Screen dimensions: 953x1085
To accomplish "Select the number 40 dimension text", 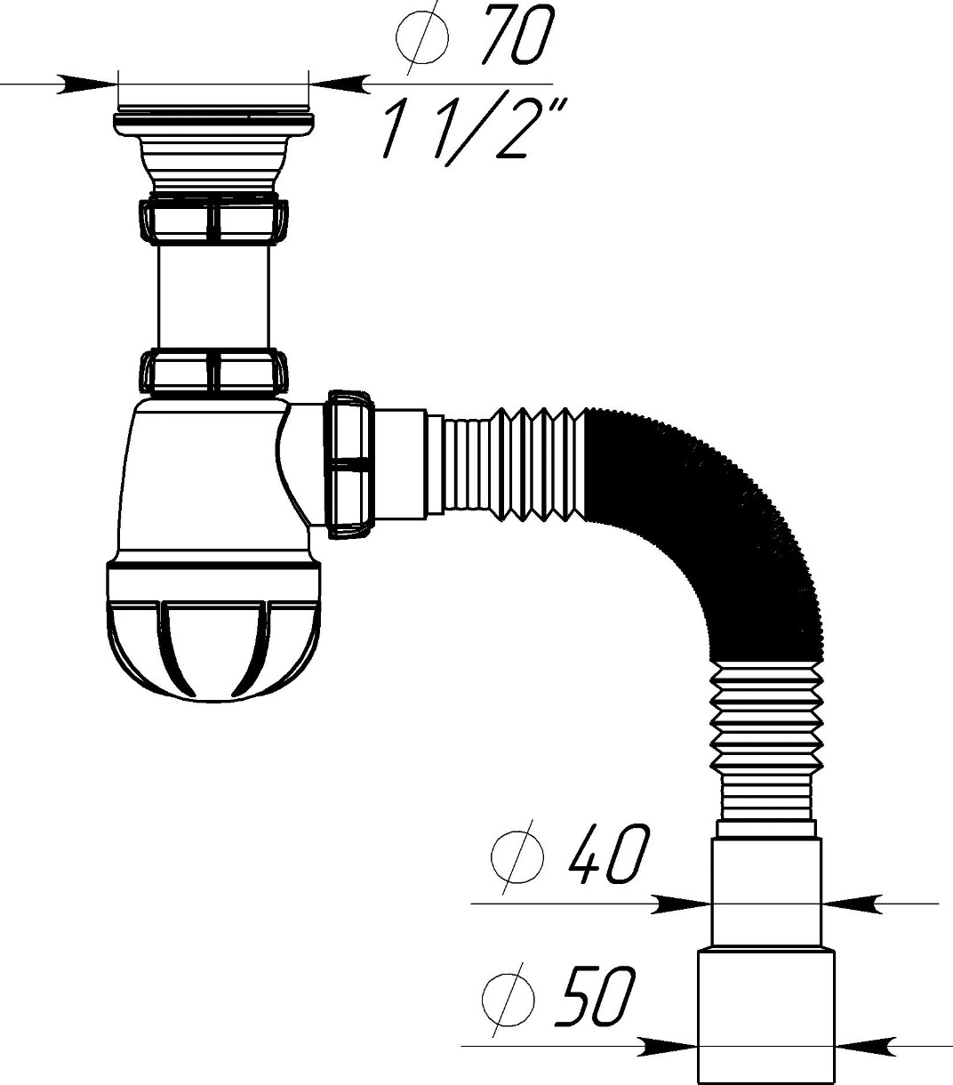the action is [609, 861].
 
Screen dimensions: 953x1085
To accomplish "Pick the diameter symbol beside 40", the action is [517, 858].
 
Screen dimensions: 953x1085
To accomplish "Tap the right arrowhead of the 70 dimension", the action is [340, 84].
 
